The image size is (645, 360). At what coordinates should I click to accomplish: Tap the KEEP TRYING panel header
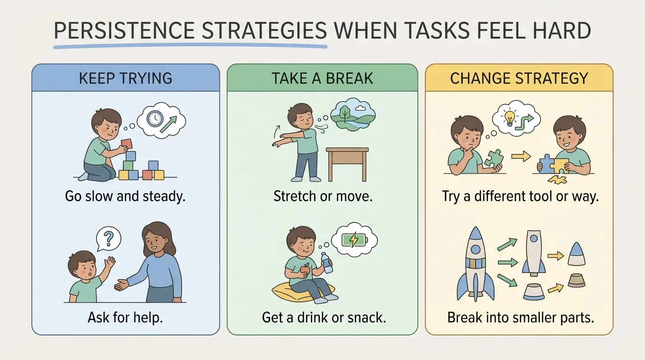click(126, 78)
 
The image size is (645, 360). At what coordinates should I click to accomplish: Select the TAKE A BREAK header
click(322, 78)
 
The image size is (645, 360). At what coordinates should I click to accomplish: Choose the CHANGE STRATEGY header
click(519, 78)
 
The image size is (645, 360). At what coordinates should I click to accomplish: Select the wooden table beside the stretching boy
click(347, 162)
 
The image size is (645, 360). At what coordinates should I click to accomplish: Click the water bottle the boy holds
click(327, 262)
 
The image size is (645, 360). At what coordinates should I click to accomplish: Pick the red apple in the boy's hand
click(305, 269)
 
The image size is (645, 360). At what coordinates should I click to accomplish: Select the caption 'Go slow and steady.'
click(126, 196)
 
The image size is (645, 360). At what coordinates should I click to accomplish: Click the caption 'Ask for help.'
click(125, 318)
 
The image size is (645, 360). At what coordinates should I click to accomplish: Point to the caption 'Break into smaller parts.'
click(520, 318)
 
